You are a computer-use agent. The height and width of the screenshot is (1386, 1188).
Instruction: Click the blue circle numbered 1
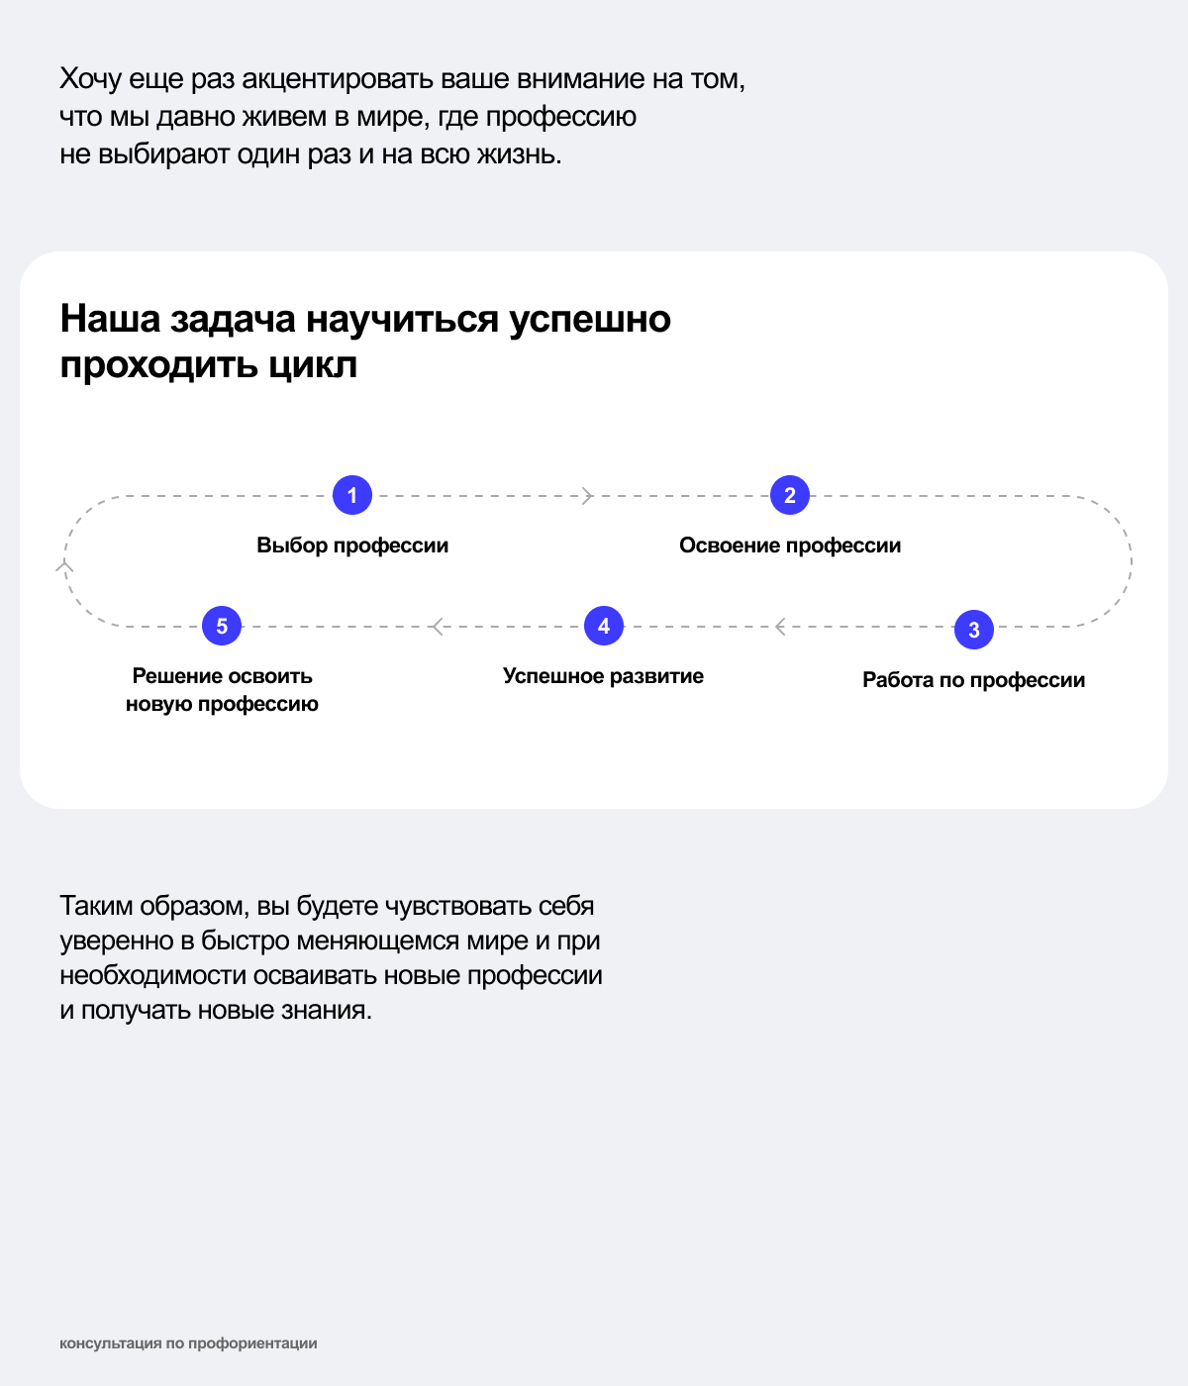352,495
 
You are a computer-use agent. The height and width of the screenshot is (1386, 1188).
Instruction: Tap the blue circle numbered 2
790,495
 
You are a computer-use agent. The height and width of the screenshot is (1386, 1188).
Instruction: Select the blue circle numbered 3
974,630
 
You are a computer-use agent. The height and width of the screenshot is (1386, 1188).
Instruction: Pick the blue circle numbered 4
604,626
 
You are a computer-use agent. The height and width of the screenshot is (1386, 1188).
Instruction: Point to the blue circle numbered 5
222,626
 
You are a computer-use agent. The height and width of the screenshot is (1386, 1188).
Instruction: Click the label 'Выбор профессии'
352,545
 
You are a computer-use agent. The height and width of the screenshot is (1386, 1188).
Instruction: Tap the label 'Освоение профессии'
790,545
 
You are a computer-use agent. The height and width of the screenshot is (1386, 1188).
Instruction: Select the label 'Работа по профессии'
973,680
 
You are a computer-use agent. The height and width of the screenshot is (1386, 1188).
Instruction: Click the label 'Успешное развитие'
603,676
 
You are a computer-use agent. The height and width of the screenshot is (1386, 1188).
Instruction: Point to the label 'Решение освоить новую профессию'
222,690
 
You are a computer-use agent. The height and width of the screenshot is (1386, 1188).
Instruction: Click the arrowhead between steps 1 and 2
587,495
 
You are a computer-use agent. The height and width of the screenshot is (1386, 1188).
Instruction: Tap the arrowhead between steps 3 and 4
780,626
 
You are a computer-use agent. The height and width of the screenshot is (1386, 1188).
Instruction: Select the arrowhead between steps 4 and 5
437,626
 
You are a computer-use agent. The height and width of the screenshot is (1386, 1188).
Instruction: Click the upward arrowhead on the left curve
64,565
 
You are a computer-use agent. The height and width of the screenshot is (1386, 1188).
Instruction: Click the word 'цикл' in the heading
313,366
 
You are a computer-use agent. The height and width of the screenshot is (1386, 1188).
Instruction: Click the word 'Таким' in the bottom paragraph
97,906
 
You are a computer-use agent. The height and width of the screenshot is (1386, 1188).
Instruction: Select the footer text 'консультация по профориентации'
188,1343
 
